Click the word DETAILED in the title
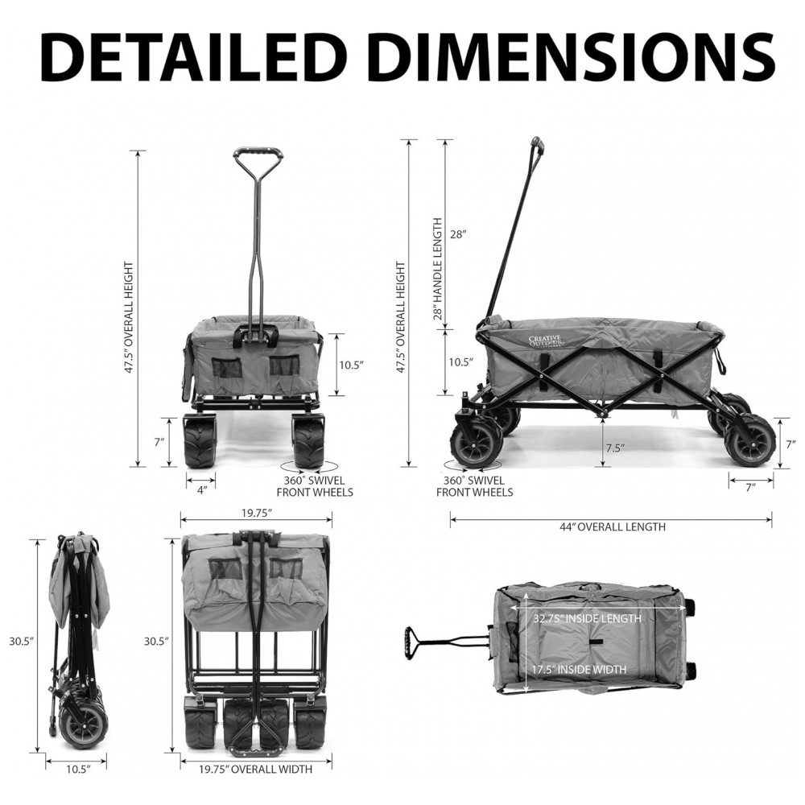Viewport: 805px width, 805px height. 190,56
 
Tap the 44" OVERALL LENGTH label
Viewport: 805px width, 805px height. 612,526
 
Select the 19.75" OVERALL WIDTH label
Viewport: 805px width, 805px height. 256,769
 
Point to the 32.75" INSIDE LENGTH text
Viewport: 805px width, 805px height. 587,618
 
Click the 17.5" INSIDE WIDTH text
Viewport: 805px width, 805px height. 579,670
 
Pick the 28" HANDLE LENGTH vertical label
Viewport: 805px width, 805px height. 438,269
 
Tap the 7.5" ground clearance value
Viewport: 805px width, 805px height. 614,448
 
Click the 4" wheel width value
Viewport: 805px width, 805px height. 202,489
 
